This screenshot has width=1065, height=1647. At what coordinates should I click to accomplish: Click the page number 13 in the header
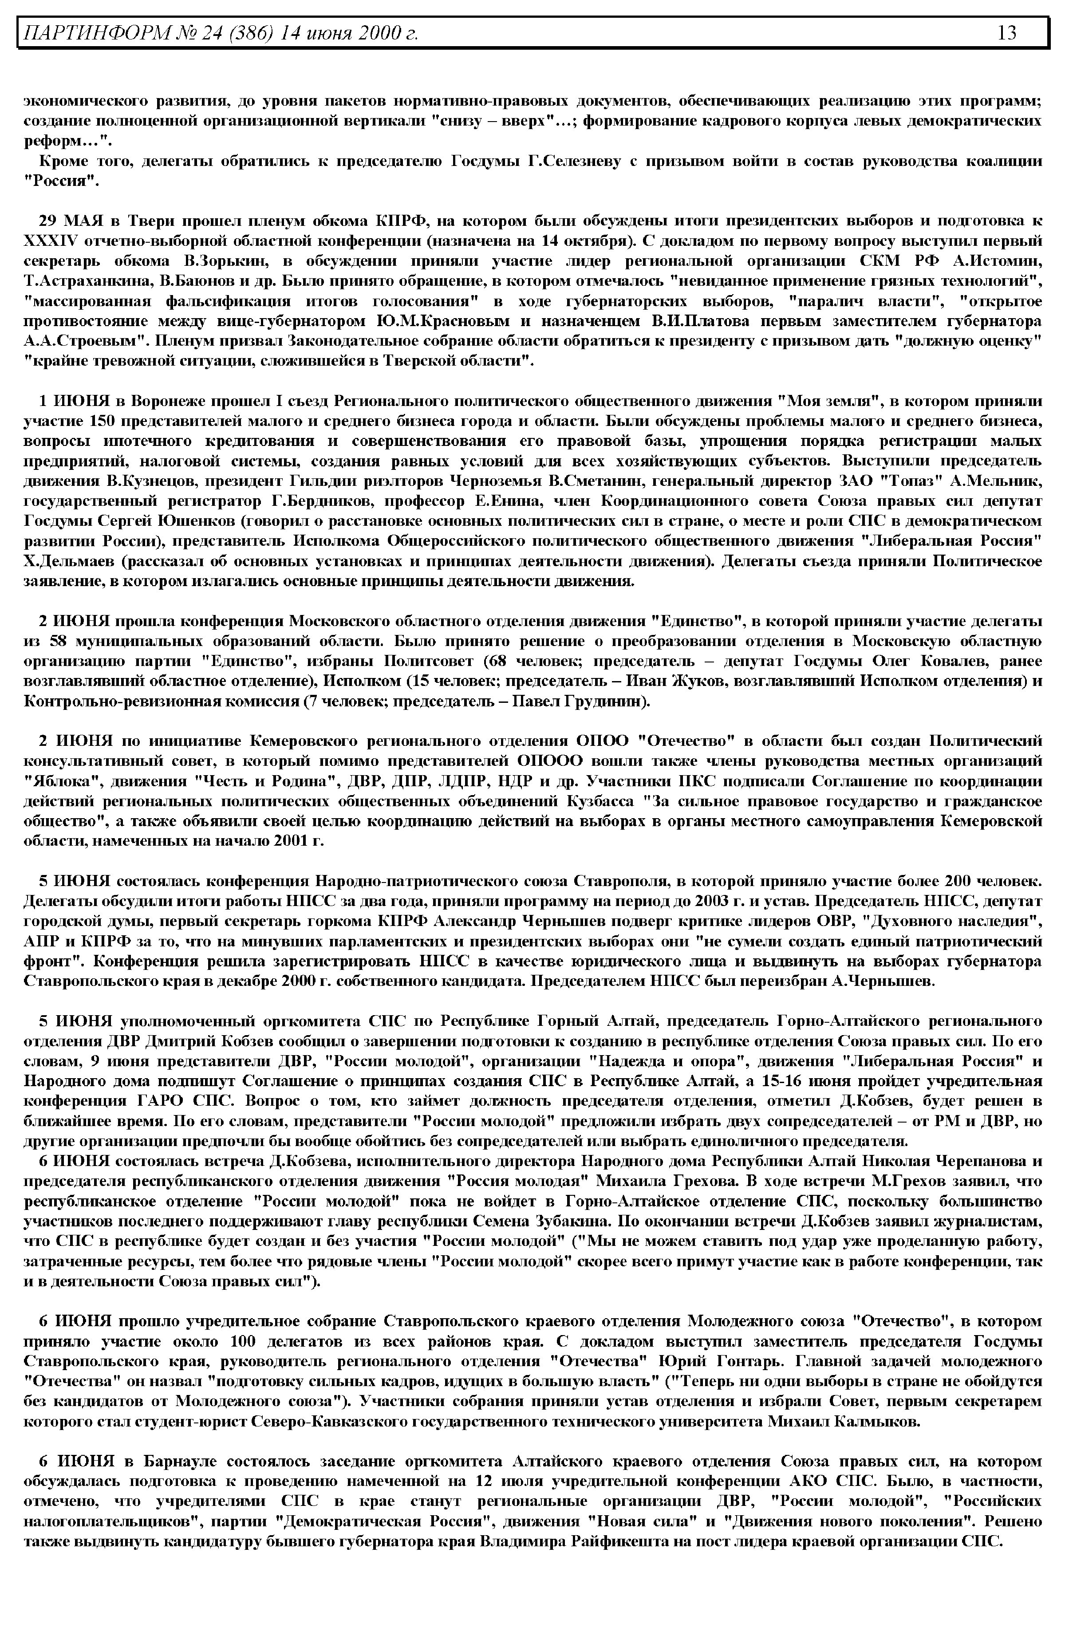point(1007,32)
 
